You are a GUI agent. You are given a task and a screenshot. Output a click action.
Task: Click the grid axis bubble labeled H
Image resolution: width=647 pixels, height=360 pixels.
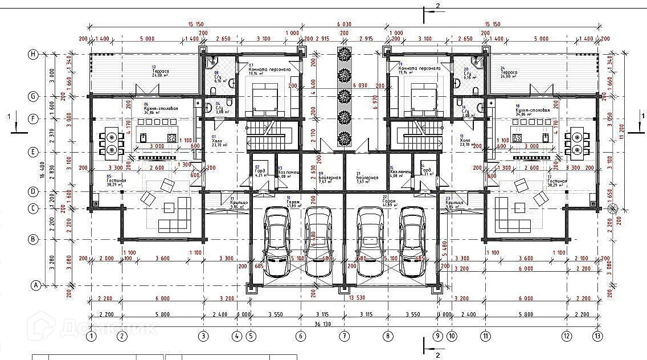pyautogui.click(x=34, y=54)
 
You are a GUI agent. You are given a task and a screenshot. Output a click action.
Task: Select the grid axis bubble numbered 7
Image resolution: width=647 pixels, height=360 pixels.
pyautogui.click(x=344, y=336)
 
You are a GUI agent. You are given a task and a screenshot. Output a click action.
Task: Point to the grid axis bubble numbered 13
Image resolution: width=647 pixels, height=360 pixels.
pyautogui.click(x=597, y=336)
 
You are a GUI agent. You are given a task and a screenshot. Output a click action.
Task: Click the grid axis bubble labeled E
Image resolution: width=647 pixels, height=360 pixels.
pyautogui.click(x=34, y=152)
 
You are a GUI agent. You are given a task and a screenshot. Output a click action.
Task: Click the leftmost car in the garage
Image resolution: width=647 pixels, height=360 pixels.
pyautogui.click(x=277, y=241)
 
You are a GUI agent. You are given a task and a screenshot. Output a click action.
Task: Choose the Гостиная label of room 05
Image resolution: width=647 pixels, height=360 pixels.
pyautogui.click(x=116, y=181)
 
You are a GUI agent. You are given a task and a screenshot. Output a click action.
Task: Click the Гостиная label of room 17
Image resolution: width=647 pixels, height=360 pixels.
pyautogui.click(x=556, y=181)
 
